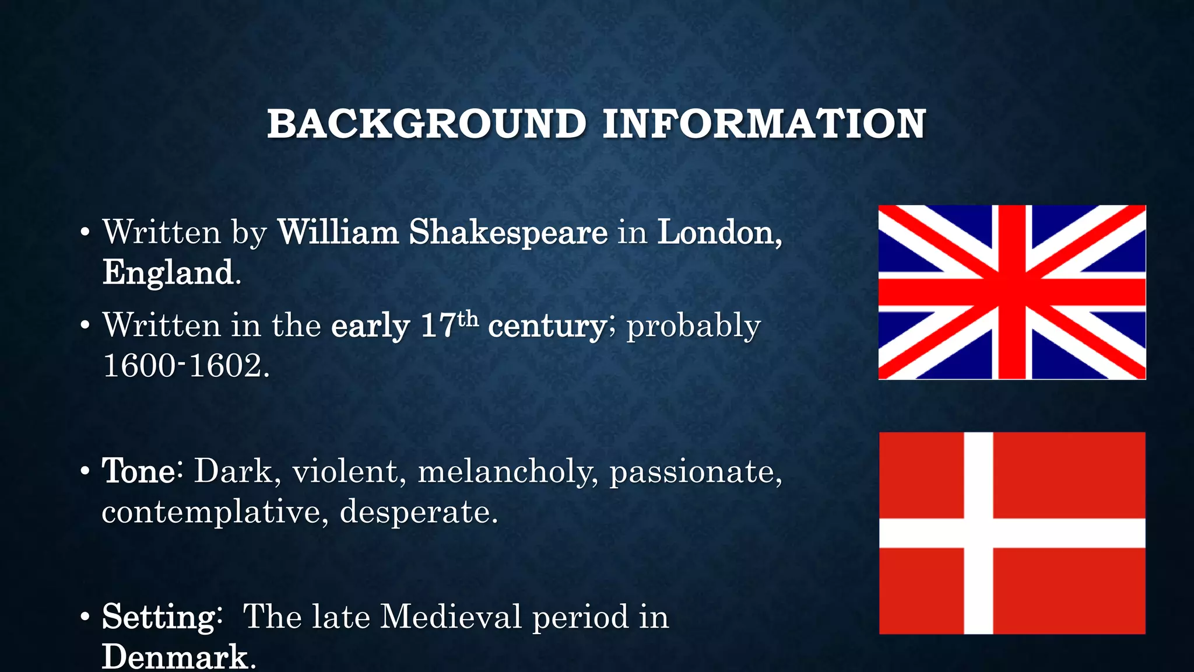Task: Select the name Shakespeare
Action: (x=508, y=232)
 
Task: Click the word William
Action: (x=338, y=232)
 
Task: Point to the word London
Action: (x=719, y=232)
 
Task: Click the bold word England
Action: (x=168, y=272)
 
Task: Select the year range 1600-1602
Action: (x=185, y=366)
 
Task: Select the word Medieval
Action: (x=450, y=617)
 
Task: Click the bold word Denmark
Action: (x=175, y=657)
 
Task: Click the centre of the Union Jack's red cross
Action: (x=1012, y=292)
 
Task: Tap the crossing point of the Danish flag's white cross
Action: (x=978, y=533)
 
